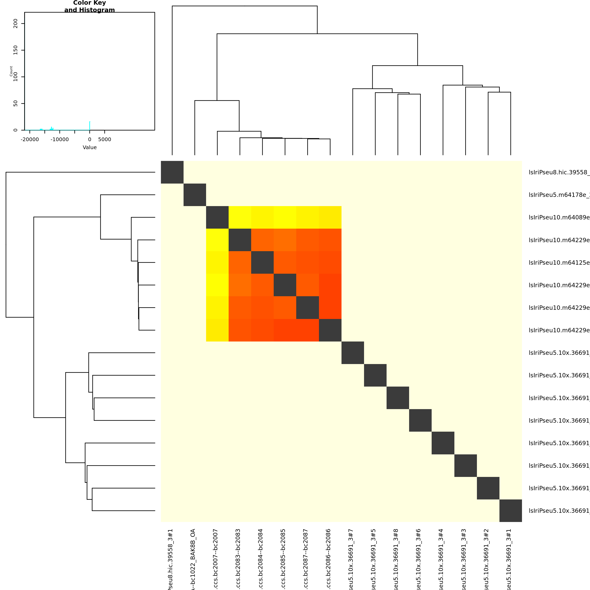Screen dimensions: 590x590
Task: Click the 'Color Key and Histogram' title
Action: click(x=90, y=6)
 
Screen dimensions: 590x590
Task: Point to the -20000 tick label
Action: click(x=30, y=140)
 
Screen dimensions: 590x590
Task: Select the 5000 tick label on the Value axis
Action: click(x=104, y=140)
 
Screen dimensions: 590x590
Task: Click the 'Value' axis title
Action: click(x=90, y=147)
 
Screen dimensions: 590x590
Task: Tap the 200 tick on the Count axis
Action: click(x=16, y=24)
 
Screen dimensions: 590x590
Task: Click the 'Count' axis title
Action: click(x=11, y=71)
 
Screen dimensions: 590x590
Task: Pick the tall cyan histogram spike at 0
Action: click(x=90, y=126)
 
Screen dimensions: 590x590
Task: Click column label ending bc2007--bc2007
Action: click(x=216, y=559)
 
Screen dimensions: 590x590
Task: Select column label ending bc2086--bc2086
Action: click(x=328, y=559)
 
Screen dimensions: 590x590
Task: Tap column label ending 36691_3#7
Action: click(x=351, y=559)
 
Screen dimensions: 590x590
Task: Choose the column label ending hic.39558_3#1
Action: click(x=171, y=559)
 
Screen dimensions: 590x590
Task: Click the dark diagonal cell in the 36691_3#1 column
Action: click(x=511, y=511)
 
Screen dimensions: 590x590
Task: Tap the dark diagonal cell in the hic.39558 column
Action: click(x=172, y=172)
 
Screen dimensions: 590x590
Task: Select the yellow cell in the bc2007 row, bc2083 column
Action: click(x=240, y=217)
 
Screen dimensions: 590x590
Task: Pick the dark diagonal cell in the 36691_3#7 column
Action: click(x=353, y=353)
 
